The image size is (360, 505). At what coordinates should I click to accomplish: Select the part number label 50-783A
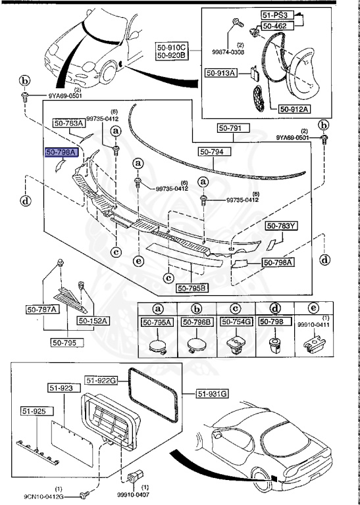point(69,123)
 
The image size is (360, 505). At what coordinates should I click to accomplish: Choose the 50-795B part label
point(192,287)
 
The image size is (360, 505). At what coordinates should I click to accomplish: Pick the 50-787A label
point(60,308)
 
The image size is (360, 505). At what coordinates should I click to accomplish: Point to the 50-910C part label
point(172,47)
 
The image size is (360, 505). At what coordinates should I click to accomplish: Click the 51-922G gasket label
point(100,380)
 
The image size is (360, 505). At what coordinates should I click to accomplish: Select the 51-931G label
point(213,393)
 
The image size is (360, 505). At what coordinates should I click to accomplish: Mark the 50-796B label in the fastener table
point(195,322)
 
